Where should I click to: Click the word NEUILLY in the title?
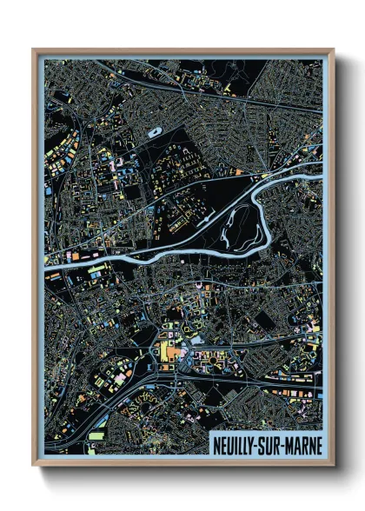(x=236, y=445)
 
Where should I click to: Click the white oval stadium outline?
(x=155, y=133)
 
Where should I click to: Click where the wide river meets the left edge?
(x=45, y=269)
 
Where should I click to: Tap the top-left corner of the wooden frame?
(x=33, y=50)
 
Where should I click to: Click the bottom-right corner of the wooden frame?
(x=334, y=465)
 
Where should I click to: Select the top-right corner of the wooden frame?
(x=334, y=50)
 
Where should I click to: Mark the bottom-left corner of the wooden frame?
(x=33, y=465)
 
